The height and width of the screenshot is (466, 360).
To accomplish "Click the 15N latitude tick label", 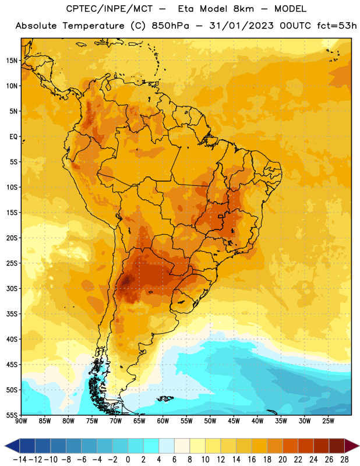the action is pyautogui.click(x=12, y=61).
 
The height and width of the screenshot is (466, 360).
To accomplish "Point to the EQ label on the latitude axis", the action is pyautogui.click(x=13, y=137).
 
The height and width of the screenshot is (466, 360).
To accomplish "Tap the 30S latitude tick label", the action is pyautogui.click(x=12, y=288).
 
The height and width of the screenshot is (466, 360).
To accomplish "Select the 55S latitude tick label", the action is pyautogui.click(x=12, y=415).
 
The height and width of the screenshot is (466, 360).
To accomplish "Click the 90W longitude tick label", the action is pyautogui.click(x=21, y=421).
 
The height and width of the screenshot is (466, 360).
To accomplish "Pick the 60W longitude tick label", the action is pyautogui.click(x=163, y=421).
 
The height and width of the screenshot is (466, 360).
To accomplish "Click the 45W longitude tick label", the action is pyautogui.click(x=234, y=421).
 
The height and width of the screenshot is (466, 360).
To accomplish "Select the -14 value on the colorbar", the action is pyautogui.click(x=20, y=460).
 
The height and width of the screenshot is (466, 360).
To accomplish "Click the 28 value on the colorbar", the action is pyautogui.click(x=344, y=460).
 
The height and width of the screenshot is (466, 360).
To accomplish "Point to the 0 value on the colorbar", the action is pyautogui.click(x=128, y=460).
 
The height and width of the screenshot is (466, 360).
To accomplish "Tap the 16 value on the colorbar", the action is pyautogui.click(x=252, y=460).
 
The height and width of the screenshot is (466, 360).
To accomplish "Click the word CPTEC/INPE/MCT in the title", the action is pyautogui.click(x=110, y=9).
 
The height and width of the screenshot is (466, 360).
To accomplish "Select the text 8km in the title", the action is pyautogui.click(x=243, y=9).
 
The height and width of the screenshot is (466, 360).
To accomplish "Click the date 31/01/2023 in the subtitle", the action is pyautogui.click(x=241, y=26).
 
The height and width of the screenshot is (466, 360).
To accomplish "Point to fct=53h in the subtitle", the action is pyautogui.click(x=337, y=26).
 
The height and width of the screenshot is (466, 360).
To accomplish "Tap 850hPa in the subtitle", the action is pyautogui.click(x=170, y=26).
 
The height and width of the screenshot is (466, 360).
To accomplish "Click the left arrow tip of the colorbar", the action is pyautogui.click(x=5, y=446).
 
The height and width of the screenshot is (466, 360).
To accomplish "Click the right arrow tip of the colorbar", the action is pyautogui.click(x=359, y=446).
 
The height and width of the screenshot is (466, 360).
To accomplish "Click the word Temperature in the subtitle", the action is pyautogui.click(x=93, y=26).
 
